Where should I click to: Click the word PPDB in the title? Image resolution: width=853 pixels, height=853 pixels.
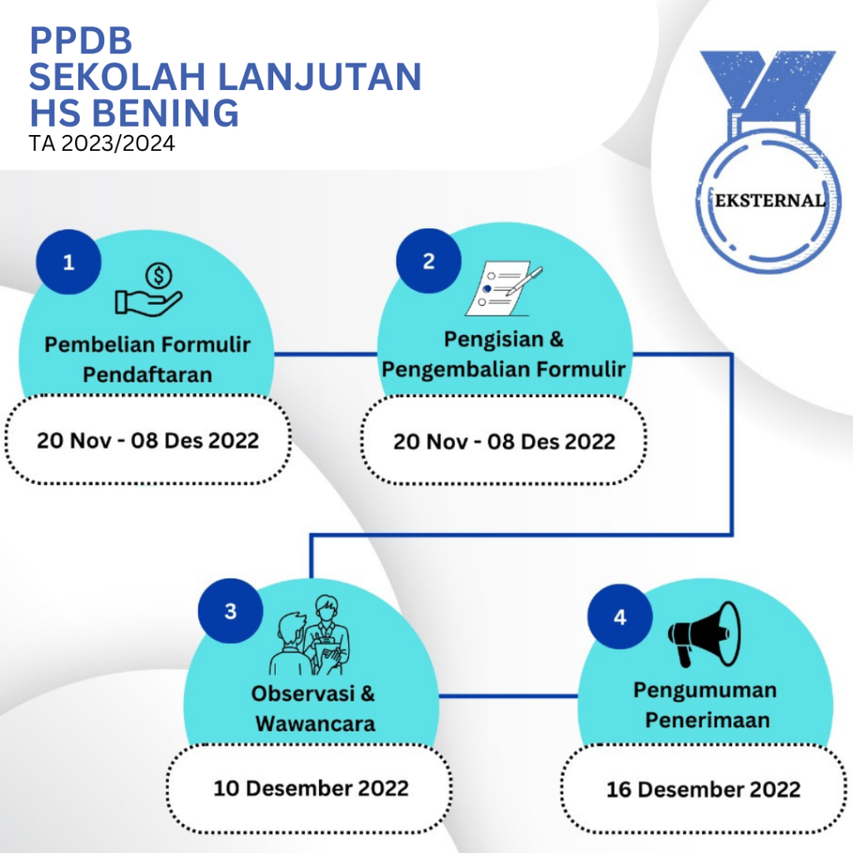point(81,40)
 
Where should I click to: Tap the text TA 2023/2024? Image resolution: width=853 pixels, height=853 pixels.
point(102,143)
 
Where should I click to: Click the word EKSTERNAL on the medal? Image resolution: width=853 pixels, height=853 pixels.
point(769,201)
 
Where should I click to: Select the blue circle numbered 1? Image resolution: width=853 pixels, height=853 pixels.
point(68,262)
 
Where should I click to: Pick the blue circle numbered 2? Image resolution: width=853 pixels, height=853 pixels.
point(429,261)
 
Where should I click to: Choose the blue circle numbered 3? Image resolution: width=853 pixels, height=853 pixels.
point(231,611)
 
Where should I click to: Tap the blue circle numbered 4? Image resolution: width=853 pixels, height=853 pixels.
point(620,617)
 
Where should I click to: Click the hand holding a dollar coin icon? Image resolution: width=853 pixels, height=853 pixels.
point(148,289)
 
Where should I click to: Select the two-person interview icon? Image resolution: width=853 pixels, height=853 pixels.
point(310,635)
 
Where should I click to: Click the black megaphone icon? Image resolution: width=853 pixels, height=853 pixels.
point(704,634)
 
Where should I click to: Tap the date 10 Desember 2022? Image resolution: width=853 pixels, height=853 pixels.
point(311,788)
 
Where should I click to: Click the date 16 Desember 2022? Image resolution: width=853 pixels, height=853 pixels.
point(703,790)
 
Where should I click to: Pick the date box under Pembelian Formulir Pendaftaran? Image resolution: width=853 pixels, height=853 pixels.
point(148,440)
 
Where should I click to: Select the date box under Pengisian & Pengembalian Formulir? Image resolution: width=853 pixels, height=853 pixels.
point(504,440)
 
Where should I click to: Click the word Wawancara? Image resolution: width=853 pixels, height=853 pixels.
point(316,724)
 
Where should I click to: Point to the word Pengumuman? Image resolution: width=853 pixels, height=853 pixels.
point(705,691)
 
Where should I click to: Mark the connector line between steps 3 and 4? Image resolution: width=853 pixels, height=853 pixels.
point(508,696)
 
